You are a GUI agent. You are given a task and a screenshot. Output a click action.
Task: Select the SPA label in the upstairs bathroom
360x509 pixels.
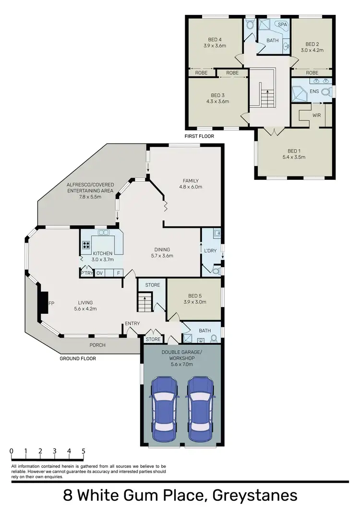(281, 24)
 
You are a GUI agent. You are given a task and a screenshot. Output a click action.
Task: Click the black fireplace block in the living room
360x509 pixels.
(43, 304)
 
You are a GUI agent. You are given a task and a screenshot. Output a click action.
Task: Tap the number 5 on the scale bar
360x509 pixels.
(84, 451)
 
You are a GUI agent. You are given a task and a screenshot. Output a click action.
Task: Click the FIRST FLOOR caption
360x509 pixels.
(200, 136)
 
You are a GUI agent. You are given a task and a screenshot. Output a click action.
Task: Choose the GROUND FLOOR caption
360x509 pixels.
(78, 358)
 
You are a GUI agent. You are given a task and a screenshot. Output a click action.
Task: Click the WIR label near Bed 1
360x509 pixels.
(316, 116)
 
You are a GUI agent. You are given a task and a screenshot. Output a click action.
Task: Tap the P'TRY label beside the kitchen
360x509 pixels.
(86, 273)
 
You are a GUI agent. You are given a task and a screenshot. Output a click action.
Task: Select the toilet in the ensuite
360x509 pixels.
(326, 91)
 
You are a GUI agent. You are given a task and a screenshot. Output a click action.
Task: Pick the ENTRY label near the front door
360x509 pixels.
(132, 323)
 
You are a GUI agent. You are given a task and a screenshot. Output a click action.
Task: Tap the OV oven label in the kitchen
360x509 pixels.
(100, 273)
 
